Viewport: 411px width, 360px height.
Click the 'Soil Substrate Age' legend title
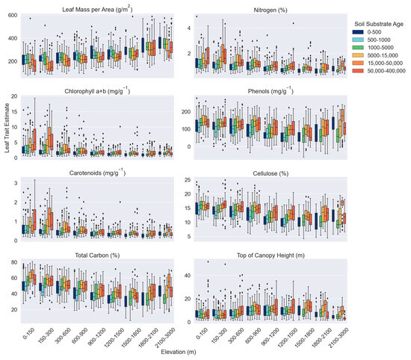point(379,23)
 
